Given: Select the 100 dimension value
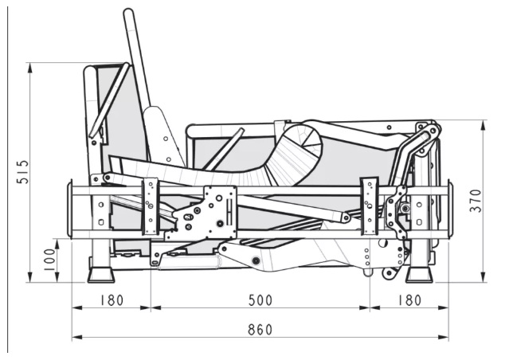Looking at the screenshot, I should pyautogui.click(x=50, y=260).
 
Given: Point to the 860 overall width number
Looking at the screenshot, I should pyautogui.click(x=260, y=329).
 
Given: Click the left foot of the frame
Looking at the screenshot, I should pyautogui.click(x=100, y=276).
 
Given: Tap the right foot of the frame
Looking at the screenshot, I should pyautogui.click(x=417, y=276).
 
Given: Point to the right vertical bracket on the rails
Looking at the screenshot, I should pyautogui.click(x=369, y=206).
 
